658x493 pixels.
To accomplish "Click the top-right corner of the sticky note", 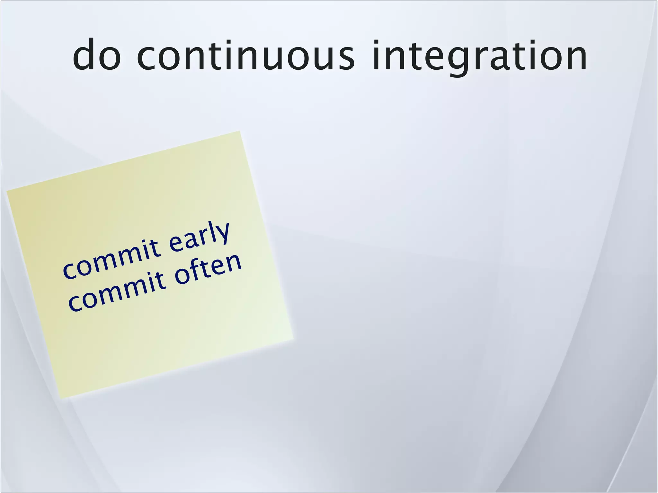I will (240, 131).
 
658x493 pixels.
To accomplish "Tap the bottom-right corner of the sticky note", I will (293, 339).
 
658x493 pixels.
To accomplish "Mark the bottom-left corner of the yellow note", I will (60, 399).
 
